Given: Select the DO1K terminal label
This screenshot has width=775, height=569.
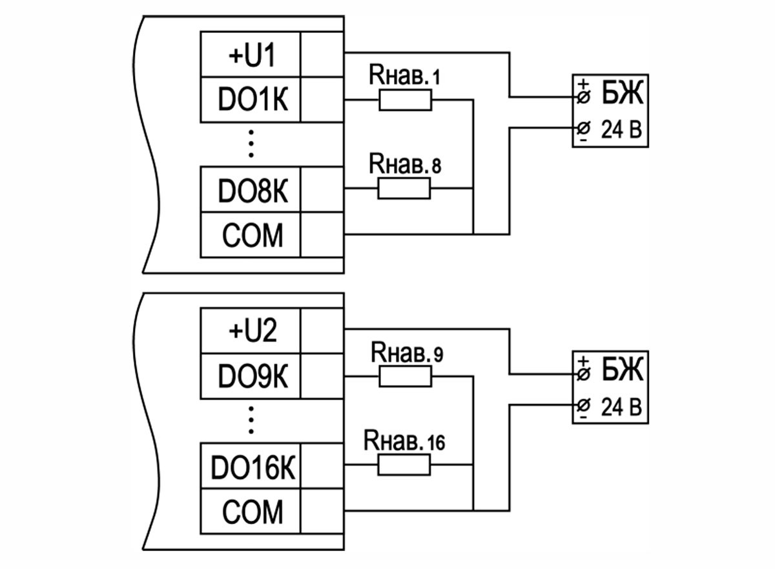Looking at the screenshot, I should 252,100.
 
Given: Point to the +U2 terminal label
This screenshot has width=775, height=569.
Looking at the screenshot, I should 252,332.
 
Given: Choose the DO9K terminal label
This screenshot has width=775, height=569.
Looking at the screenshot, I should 252,376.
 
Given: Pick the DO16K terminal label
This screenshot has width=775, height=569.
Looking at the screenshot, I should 252,467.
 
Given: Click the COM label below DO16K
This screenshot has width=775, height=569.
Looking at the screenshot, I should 252,512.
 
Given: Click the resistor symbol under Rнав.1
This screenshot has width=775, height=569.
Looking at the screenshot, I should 405,100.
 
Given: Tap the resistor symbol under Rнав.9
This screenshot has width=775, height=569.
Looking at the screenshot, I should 405,376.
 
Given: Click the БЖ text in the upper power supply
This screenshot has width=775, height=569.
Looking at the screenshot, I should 623,96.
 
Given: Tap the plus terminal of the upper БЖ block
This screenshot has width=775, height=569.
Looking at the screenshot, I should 583,98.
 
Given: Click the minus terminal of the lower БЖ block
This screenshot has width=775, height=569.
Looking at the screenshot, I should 583,405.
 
